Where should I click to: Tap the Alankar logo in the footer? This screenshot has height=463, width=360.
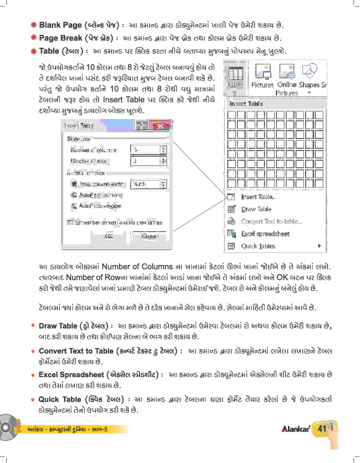(x=295, y=429)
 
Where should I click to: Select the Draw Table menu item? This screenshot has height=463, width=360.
(x=256, y=209)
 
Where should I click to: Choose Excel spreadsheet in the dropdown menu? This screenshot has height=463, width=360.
(x=265, y=234)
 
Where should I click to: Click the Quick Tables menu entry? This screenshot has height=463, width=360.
(x=258, y=246)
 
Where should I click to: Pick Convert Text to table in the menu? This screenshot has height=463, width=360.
(x=271, y=221)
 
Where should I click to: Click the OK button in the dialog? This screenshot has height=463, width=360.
(x=109, y=236)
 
